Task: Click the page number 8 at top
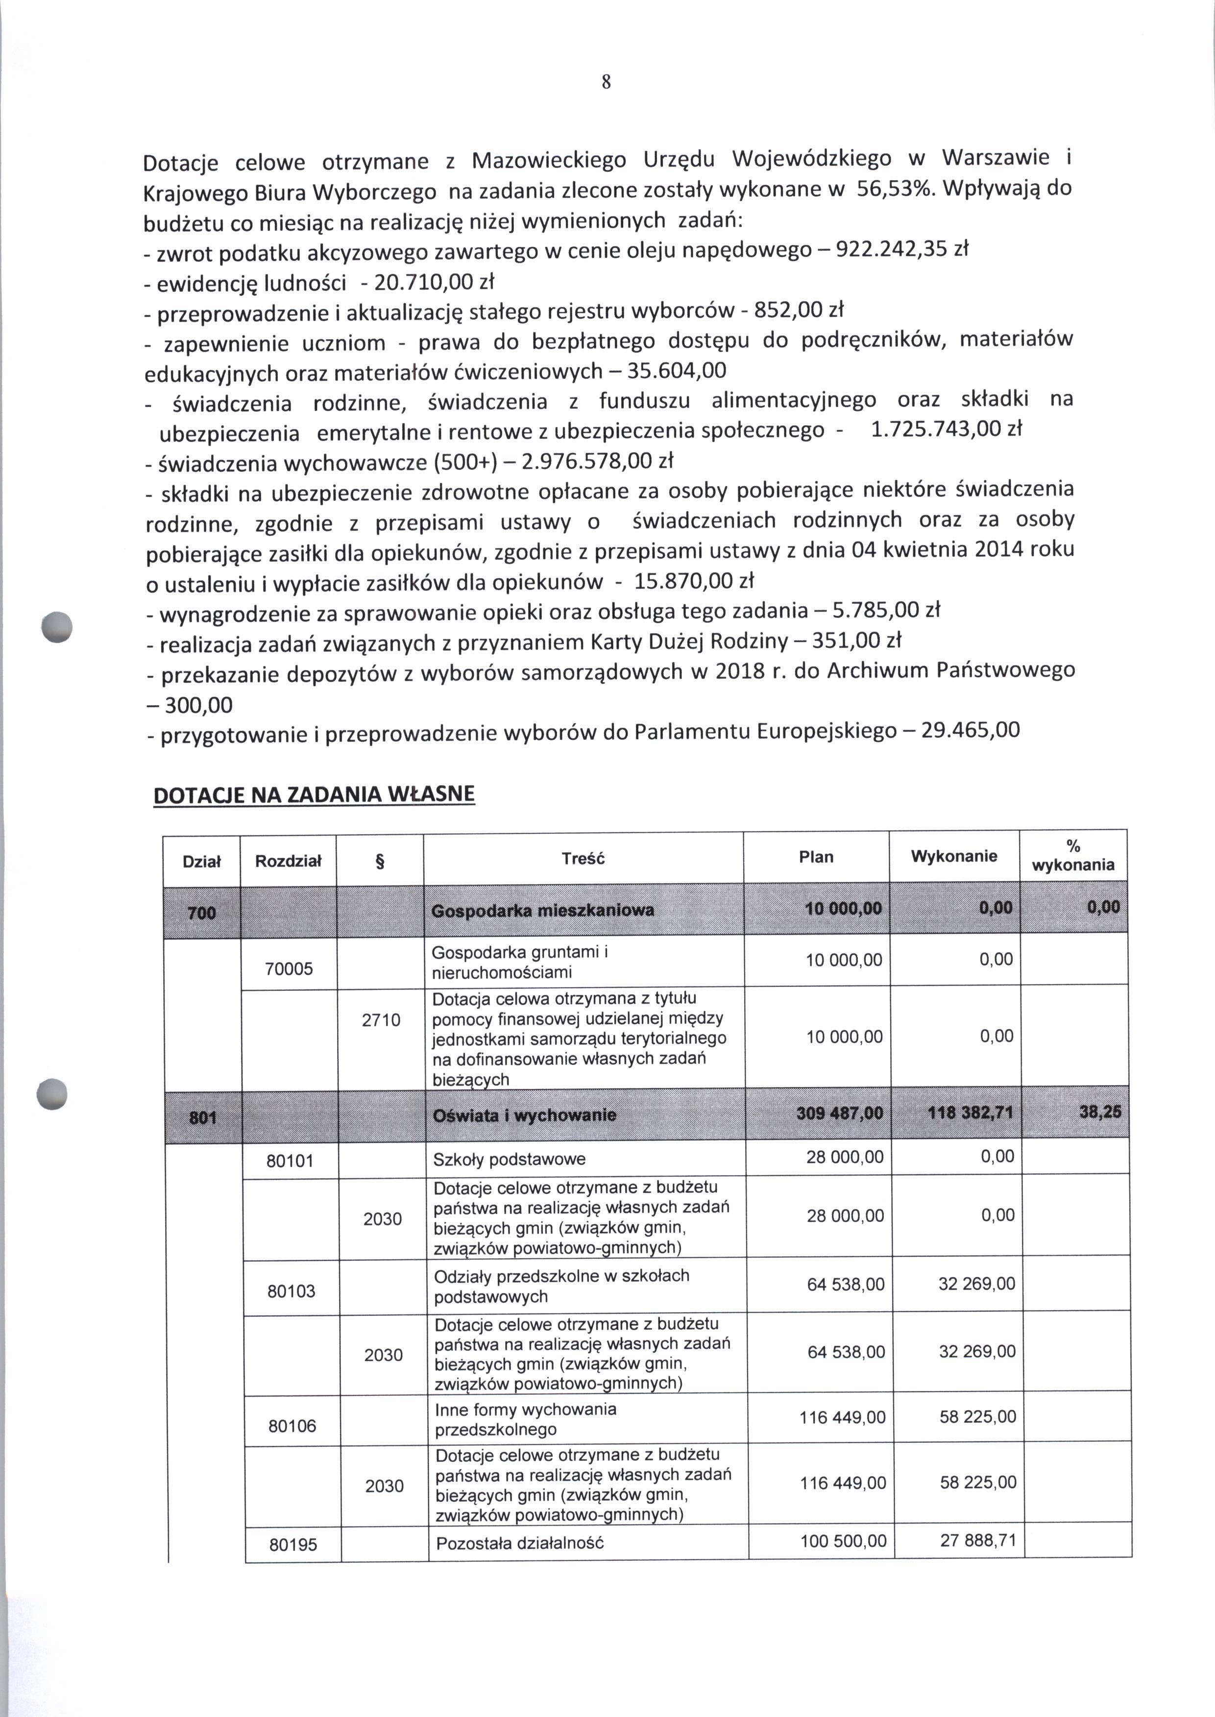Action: pos(606,82)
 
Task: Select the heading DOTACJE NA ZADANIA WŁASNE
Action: pos(314,794)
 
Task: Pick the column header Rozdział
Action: pos(288,861)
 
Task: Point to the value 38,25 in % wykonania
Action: pos(1100,1112)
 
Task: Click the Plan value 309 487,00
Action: pos(839,1113)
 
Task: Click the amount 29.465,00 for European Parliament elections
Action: pos(971,730)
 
